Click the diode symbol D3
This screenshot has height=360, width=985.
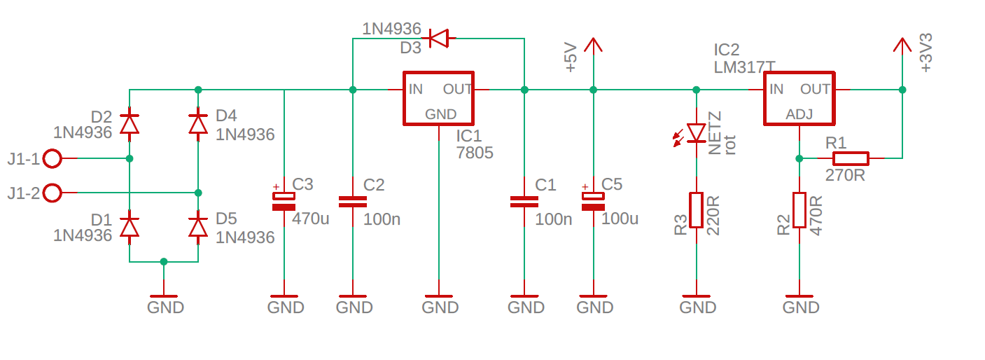point(438,39)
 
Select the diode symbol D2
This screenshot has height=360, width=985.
point(130,124)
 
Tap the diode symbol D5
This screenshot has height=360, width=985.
point(198,228)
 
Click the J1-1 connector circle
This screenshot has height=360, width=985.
point(53,158)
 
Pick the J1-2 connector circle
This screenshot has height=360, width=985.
point(53,193)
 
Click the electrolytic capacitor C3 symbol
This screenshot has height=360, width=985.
point(284,201)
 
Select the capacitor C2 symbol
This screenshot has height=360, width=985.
point(353,202)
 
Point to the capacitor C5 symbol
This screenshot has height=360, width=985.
point(593,201)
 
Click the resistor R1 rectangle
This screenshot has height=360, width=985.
point(851,158)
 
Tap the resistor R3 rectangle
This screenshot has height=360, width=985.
point(696,210)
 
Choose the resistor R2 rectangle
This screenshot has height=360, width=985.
point(799,210)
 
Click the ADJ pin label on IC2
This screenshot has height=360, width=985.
point(799,114)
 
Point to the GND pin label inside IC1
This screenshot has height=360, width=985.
point(440,114)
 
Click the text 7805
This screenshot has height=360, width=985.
point(475,153)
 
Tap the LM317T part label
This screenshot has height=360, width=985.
point(744,67)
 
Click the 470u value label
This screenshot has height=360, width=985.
point(310,219)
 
